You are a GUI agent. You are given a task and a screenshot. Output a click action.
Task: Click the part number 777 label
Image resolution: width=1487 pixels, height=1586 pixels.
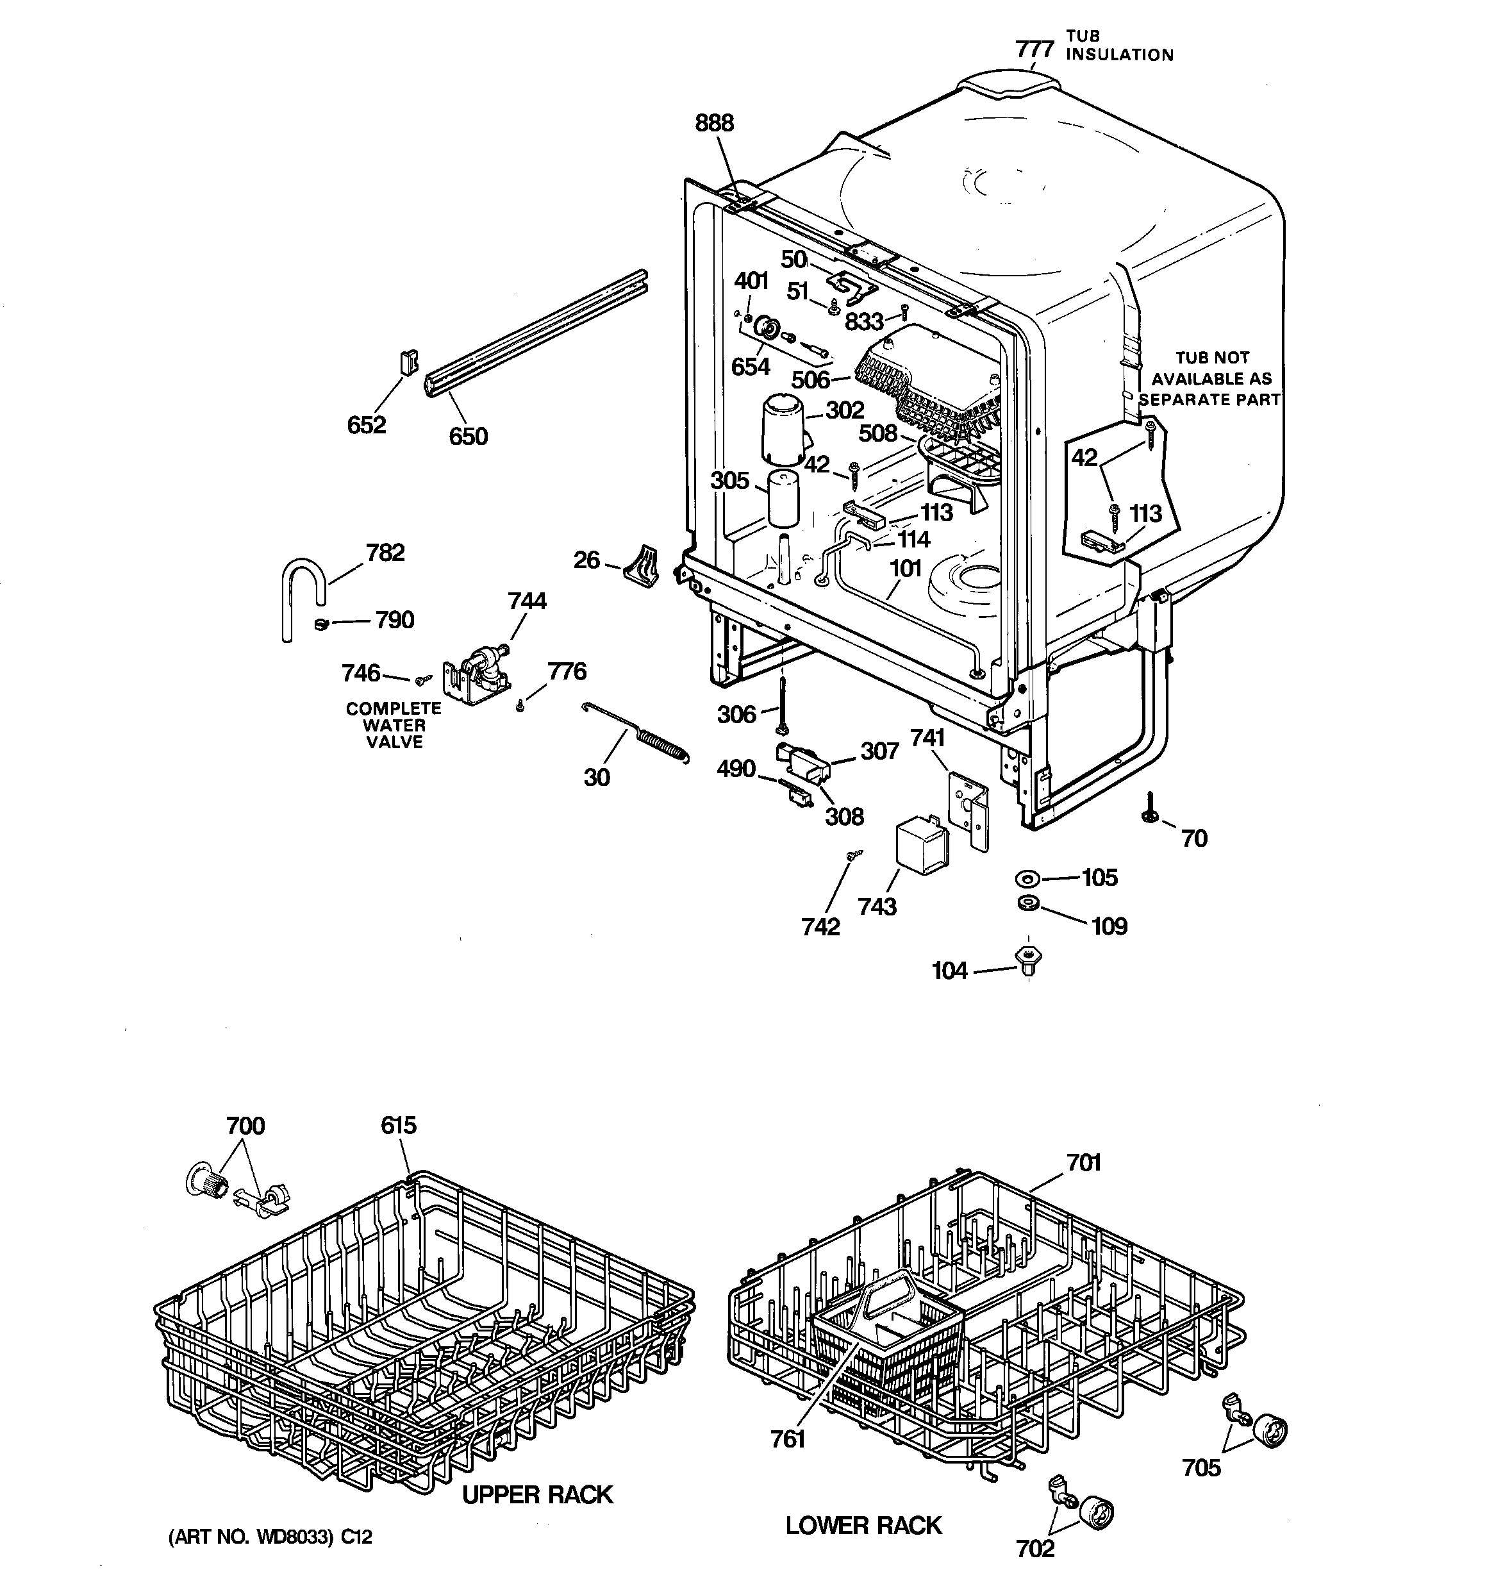[x=1034, y=49]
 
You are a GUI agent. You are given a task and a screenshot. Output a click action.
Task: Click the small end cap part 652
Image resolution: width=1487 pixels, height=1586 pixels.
[x=408, y=363]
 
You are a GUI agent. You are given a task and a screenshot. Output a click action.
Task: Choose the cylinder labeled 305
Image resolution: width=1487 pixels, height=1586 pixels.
[x=783, y=498]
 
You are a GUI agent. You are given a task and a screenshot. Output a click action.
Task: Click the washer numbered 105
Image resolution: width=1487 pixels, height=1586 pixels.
[x=1027, y=878]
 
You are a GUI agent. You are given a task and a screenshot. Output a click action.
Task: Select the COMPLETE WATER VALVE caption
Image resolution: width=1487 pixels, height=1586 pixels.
[x=394, y=725]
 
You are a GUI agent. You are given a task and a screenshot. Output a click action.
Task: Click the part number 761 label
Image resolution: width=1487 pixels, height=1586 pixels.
[x=787, y=1439]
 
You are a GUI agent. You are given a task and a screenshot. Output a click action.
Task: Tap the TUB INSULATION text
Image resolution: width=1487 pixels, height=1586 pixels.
[x=1119, y=46]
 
